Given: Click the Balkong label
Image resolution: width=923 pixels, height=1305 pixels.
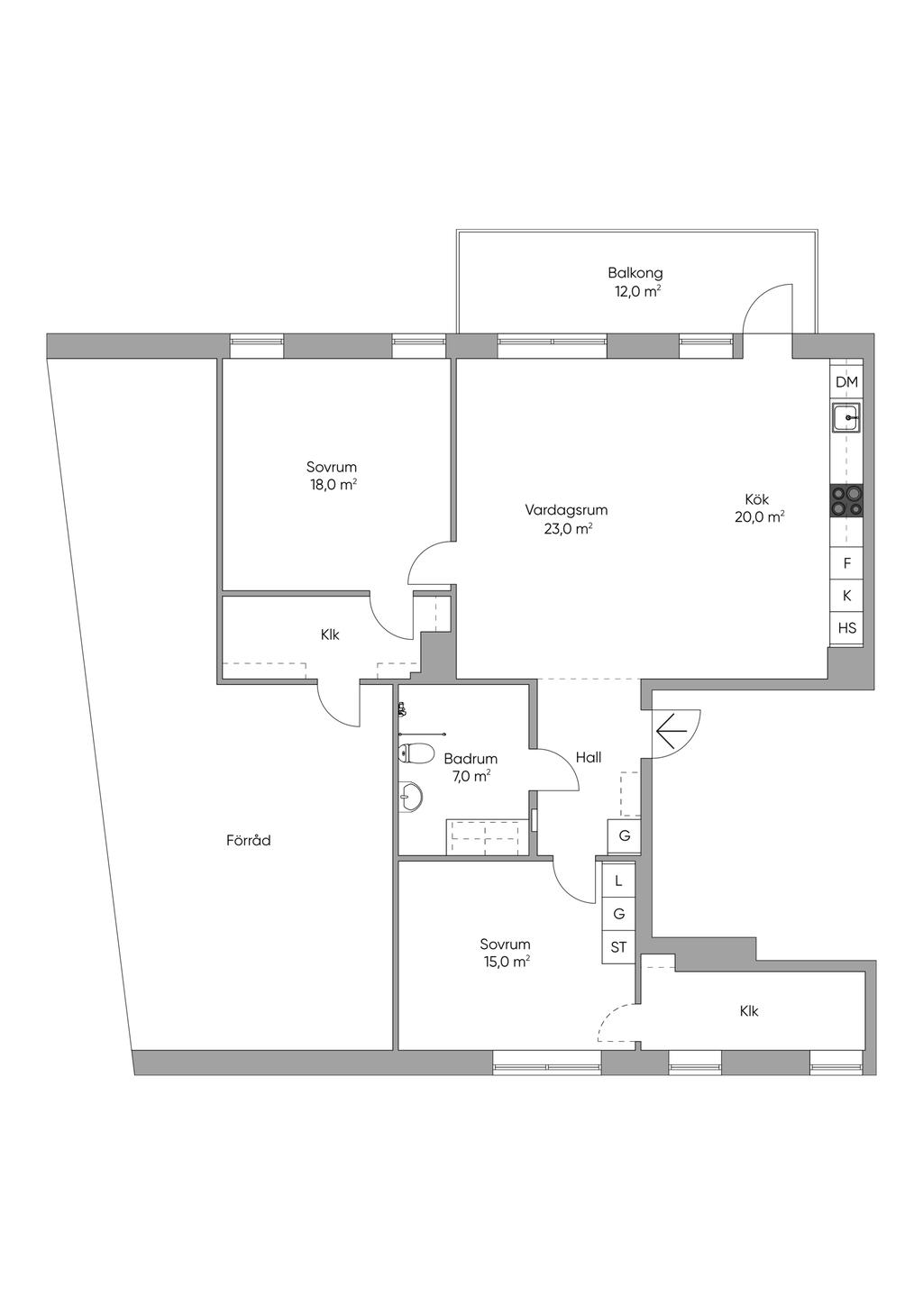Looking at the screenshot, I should [635, 273].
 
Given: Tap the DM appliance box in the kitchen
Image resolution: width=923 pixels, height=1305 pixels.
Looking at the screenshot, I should [846, 382].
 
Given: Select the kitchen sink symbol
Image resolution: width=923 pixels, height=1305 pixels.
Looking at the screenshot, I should [846, 417].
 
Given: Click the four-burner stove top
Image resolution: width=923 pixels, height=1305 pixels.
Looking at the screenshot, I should [846, 500].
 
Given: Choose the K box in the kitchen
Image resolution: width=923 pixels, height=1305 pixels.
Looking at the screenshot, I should [846, 596].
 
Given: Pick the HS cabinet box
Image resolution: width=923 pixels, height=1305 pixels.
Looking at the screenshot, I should [846, 628].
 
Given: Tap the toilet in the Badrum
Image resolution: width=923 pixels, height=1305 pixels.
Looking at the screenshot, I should [416, 753].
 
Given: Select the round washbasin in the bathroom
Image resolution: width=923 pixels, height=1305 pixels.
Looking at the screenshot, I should [410, 795].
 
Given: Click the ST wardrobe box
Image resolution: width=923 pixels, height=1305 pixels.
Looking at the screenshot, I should [618, 947].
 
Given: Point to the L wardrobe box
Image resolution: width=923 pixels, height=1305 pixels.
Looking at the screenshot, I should [618, 881].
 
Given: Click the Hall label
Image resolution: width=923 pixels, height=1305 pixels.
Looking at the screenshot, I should [589, 758].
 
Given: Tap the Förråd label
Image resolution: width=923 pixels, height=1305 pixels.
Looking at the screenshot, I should [249, 841].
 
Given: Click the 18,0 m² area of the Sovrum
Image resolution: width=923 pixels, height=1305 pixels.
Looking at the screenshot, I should [332, 485].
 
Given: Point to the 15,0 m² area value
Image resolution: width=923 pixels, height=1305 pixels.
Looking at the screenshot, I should [505, 962].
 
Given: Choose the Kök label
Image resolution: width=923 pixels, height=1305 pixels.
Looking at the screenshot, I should [757, 499].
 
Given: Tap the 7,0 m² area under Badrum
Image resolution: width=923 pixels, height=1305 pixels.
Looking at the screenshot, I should [471, 776].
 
